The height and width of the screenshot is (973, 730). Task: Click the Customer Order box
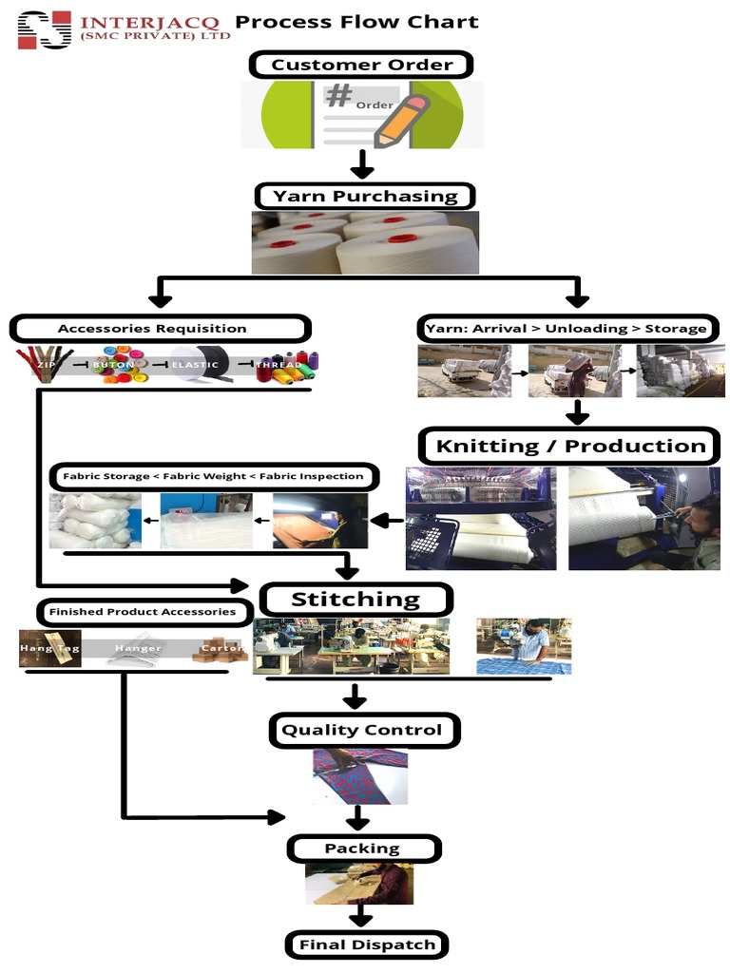point(360,65)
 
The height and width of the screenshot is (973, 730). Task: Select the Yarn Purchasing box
point(365,197)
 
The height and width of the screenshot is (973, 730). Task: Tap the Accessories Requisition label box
point(160,329)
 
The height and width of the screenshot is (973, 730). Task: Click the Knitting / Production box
point(570,446)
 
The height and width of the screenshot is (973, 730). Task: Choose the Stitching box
point(355,599)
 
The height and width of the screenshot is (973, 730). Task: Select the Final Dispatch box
point(366,944)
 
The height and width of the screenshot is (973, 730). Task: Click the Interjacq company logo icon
point(45,29)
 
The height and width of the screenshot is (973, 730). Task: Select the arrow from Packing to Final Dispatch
point(359,916)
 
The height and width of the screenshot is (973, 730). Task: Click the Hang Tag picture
point(49,649)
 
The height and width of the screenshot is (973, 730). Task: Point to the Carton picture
point(221,651)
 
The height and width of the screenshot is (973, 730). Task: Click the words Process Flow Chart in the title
point(356,22)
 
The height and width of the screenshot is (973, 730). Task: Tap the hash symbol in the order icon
point(339,96)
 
